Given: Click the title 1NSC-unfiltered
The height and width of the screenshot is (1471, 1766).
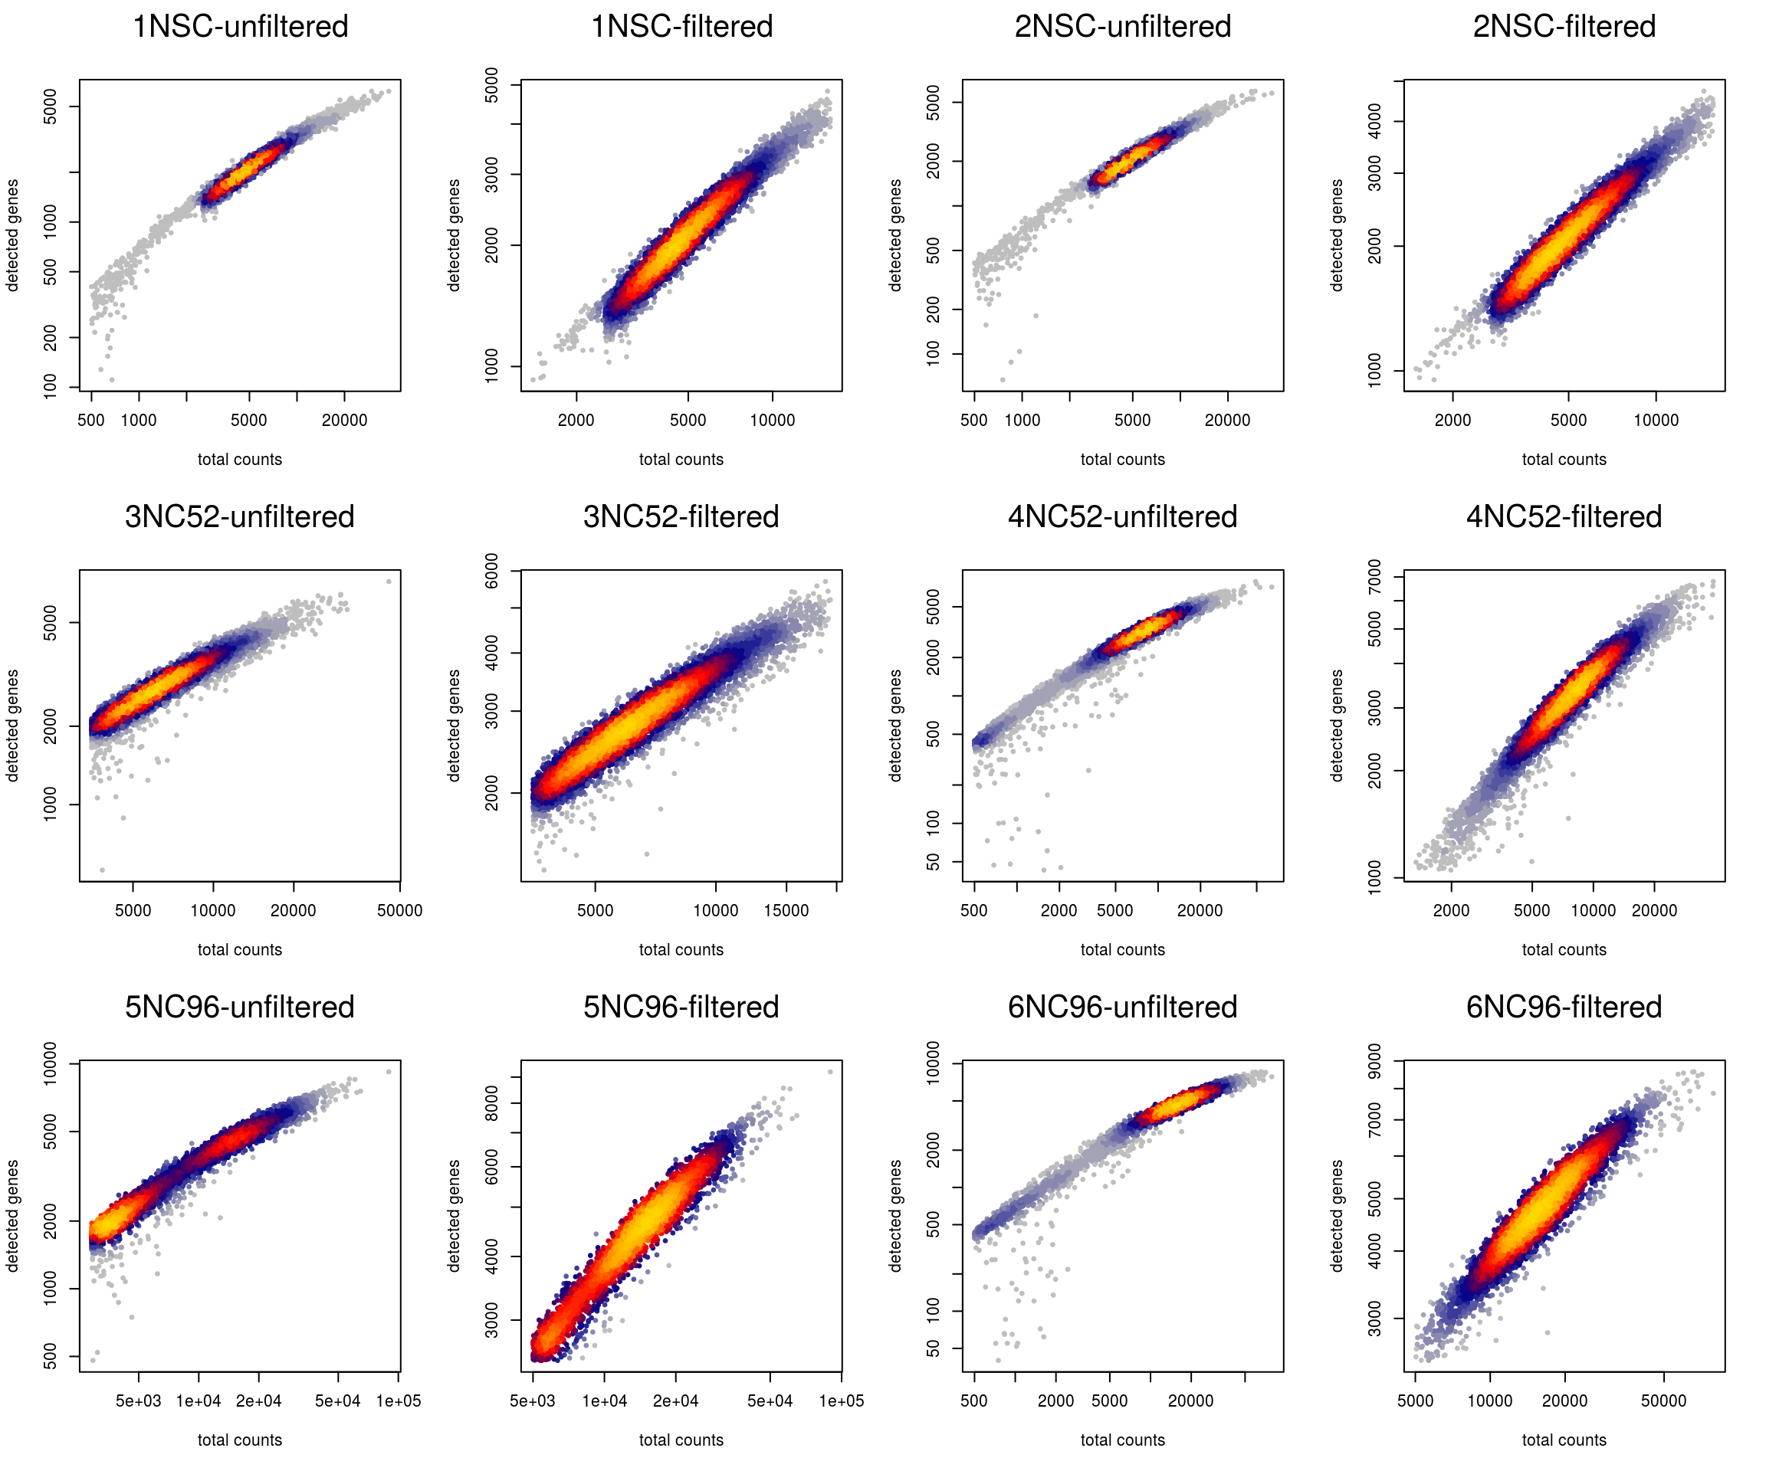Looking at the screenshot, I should pyautogui.click(x=240, y=27).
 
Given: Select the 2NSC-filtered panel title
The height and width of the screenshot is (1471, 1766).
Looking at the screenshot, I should pyautogui.click(x=1564, y=27).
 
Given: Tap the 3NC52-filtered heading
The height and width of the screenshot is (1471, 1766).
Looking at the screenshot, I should pyautogui.click(x=681, y=517).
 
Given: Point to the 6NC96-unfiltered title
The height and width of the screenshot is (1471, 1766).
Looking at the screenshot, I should pyautogui.click(x=1122, y=1007).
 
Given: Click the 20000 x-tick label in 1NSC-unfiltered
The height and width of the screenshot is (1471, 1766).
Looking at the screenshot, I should pyautogui.click(x=344, y=421).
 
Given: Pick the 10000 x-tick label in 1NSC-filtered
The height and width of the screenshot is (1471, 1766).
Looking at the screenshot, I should pyautogui.click(x=772, y=421).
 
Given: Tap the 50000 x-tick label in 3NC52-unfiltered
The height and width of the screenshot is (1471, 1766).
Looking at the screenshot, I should pyautogui.click(x=399, y=910).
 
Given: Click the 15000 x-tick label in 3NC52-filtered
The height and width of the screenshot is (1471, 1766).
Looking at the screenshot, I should pyautogui.click(x=786, y=910).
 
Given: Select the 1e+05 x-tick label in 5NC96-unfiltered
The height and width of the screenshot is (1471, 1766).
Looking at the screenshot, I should pyautogui.click(x=398, y=1401).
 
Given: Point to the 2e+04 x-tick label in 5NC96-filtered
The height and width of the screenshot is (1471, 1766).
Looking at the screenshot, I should pyautogui.click(x=675, y=1401).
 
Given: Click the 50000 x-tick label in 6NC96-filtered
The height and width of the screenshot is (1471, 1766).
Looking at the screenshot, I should pyautogui.click(x=1663, y=1401).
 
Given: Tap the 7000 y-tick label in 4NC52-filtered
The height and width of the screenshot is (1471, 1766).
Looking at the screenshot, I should pyautogui.click(x=1374, y=577).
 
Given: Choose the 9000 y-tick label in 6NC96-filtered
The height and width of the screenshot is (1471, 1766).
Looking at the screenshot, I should pyautogui.click(x=1374, y=1062).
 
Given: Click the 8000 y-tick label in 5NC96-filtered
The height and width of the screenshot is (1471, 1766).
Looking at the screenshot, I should pyautogui.click(x=492, y=1102).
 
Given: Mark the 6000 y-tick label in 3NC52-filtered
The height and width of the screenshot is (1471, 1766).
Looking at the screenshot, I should pyautogui.click(x=492, y=572).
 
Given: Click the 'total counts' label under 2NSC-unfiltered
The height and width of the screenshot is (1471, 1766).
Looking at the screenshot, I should pyautogui.click(x=1122, y=460).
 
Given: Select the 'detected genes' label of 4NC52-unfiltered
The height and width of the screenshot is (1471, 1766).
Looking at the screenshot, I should pyautogui.click(x=894, y=726).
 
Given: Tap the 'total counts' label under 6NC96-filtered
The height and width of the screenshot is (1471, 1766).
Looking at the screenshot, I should pyautogui.click(x=1564, y=1440).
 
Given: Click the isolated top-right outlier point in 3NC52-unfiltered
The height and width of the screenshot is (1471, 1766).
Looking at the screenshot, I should pyautogui.click(x=389, y=582).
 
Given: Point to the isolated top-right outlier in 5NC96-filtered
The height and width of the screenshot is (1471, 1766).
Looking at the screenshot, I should pyautogui.click(x=830, y=1072).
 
